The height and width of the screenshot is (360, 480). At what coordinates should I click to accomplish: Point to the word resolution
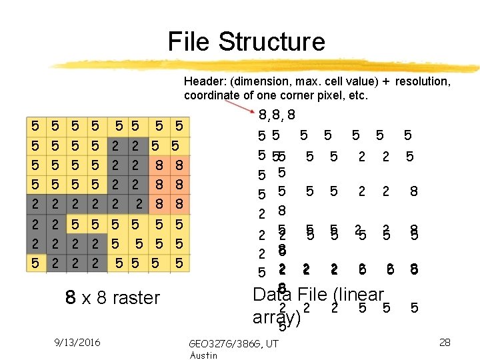pyautogui.click(x=423, y=81)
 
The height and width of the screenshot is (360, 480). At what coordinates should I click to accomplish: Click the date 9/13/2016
pyautogui.click(x=78, y=342)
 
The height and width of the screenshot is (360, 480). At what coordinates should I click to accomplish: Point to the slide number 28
pyautogui.click(x=445, y=342)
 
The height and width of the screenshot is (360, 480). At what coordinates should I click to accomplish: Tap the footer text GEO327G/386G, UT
pyautogui.click(x=233, y=344)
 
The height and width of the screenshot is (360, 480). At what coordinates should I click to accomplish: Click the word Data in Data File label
pyautogui.click(x=273, y=295)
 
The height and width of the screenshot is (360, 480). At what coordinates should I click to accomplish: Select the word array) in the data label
pyautogui.click(x=277, y=317)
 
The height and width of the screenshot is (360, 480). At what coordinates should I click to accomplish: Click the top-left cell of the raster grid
pyautogui.click(x=35, y=125)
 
